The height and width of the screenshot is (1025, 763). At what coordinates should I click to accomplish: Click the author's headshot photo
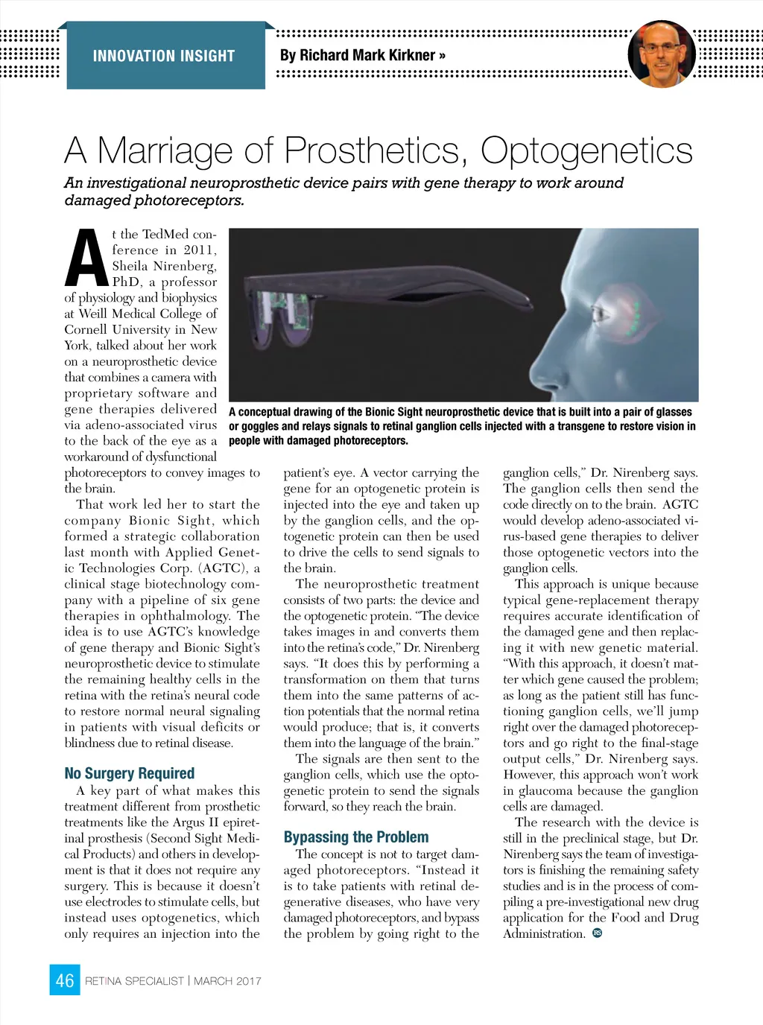coord(661,54)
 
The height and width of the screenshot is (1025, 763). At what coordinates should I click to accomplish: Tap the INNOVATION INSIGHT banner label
coord(164,56)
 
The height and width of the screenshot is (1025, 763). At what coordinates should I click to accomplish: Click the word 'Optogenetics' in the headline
coord(586,150)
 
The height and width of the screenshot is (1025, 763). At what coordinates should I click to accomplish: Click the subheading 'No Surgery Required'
coord(129,773)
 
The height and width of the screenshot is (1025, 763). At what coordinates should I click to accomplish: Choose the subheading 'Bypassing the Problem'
coord(356,837)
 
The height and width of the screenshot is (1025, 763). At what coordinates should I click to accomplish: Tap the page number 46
coord(65,980)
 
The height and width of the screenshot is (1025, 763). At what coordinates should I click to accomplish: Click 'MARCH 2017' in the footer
coord(227,981)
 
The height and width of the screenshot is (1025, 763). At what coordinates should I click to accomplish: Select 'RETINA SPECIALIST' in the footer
coord(134,981)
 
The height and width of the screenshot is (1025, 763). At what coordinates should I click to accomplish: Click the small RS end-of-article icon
coord(597,933)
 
